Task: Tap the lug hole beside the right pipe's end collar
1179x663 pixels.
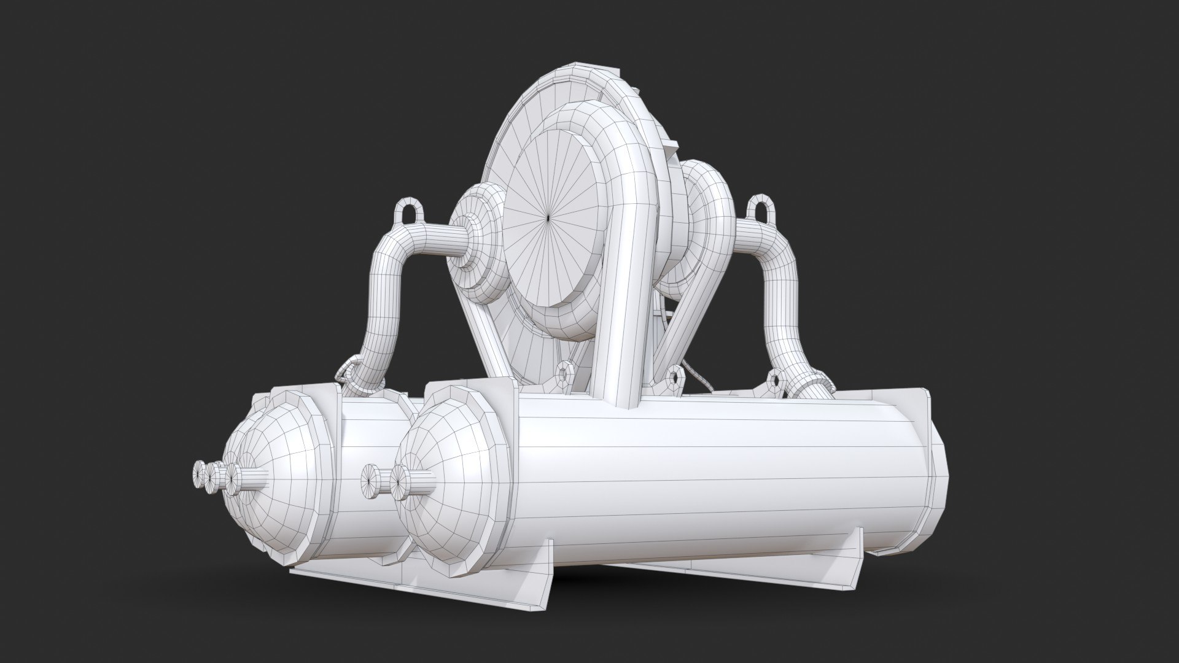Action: pyautogui.click(x=775, y=380)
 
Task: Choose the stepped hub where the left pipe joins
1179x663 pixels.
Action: pyautogui.click(x=470, y=239)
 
